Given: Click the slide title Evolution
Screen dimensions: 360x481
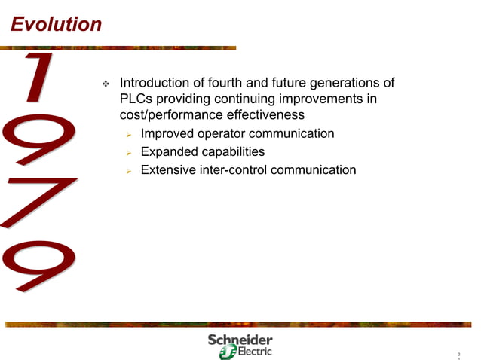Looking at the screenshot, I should [56, 24].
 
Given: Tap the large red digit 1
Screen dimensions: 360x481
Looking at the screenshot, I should [34, 78].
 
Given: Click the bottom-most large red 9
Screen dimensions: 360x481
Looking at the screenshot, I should [39, 264].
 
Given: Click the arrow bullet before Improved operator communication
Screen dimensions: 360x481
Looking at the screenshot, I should [129, 135].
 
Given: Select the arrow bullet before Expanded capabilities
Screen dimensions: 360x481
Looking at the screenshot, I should [129, 153].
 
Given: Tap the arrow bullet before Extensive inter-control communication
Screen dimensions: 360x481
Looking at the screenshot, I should [129, 171].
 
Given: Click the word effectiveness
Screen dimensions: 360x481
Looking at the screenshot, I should [268, 116].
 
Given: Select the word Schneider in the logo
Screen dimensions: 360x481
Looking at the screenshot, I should [240, 340].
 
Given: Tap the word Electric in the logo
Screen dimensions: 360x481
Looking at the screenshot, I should [254, 351].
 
